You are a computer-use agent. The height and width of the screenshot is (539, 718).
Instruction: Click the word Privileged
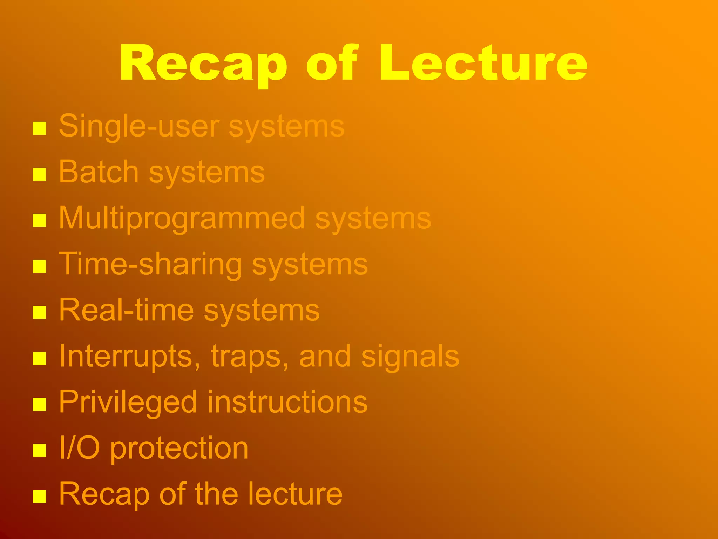[128, 402]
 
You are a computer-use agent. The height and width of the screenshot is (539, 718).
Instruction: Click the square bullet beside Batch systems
[39, 174]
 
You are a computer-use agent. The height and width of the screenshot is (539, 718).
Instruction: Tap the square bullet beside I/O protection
[39, 450]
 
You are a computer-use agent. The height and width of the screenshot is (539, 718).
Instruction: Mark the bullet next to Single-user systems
[39, 128]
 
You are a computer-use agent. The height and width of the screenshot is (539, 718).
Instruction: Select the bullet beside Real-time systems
[39, 312]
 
